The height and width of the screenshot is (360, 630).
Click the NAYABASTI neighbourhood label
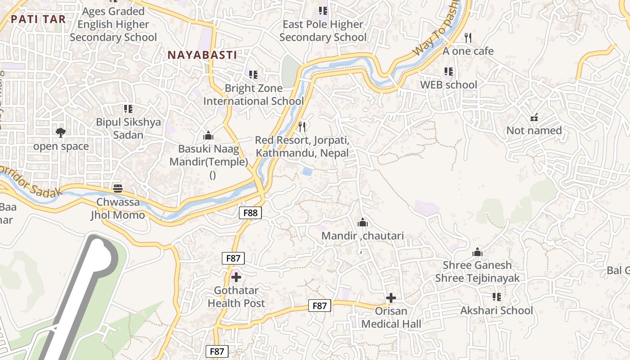click(202, 55)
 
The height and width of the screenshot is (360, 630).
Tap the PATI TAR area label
click(38, 19)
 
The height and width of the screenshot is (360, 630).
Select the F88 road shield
click(250, 212)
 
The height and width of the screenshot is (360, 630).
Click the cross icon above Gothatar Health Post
click(236, 277)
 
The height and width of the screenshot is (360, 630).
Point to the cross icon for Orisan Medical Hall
click(391, 297)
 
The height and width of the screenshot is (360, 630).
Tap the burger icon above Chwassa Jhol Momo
click(118, 188)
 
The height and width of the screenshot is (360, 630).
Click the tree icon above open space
click(61, 132)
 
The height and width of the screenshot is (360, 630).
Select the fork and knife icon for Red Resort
click(302, 127)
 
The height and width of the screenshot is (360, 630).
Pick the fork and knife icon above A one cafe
click(468, 38)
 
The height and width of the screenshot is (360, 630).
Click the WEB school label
click(448, 85)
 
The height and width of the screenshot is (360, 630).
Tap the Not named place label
click(534, 130)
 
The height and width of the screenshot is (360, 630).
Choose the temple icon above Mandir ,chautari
click(362, 222)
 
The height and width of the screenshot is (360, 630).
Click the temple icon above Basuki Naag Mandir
click(208, 135)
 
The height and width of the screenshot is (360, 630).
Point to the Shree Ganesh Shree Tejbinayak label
click(477, 271)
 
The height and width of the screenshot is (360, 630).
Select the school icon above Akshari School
click(497, 297)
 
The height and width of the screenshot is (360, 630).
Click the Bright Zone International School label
click(253, 94)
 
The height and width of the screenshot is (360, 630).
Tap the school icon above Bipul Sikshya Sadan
click(128, 108)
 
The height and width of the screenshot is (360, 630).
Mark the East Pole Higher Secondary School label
click(323, 31)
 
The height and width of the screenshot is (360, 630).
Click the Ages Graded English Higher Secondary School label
click(113, 24)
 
